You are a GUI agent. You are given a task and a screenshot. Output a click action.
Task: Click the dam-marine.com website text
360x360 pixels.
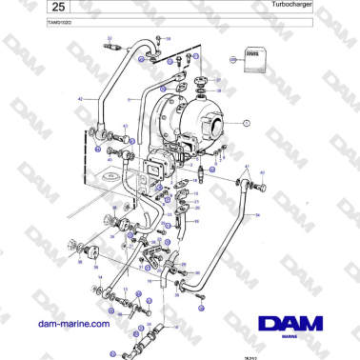point(70,324)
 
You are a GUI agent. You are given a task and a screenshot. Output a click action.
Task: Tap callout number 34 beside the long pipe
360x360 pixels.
point(257,215)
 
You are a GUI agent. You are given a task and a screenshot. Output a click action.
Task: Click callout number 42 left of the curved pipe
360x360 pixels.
point(81,99)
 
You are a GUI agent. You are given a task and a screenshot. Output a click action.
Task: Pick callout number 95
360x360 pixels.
point(196,221)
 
